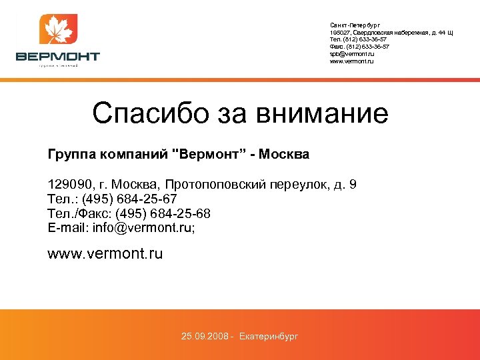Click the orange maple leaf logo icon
pos(58,31)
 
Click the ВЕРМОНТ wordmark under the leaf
pos(58,57)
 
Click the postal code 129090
pos(70,184)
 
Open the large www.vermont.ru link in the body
pos(105,254)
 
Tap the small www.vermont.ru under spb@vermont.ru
pos(352,61)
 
